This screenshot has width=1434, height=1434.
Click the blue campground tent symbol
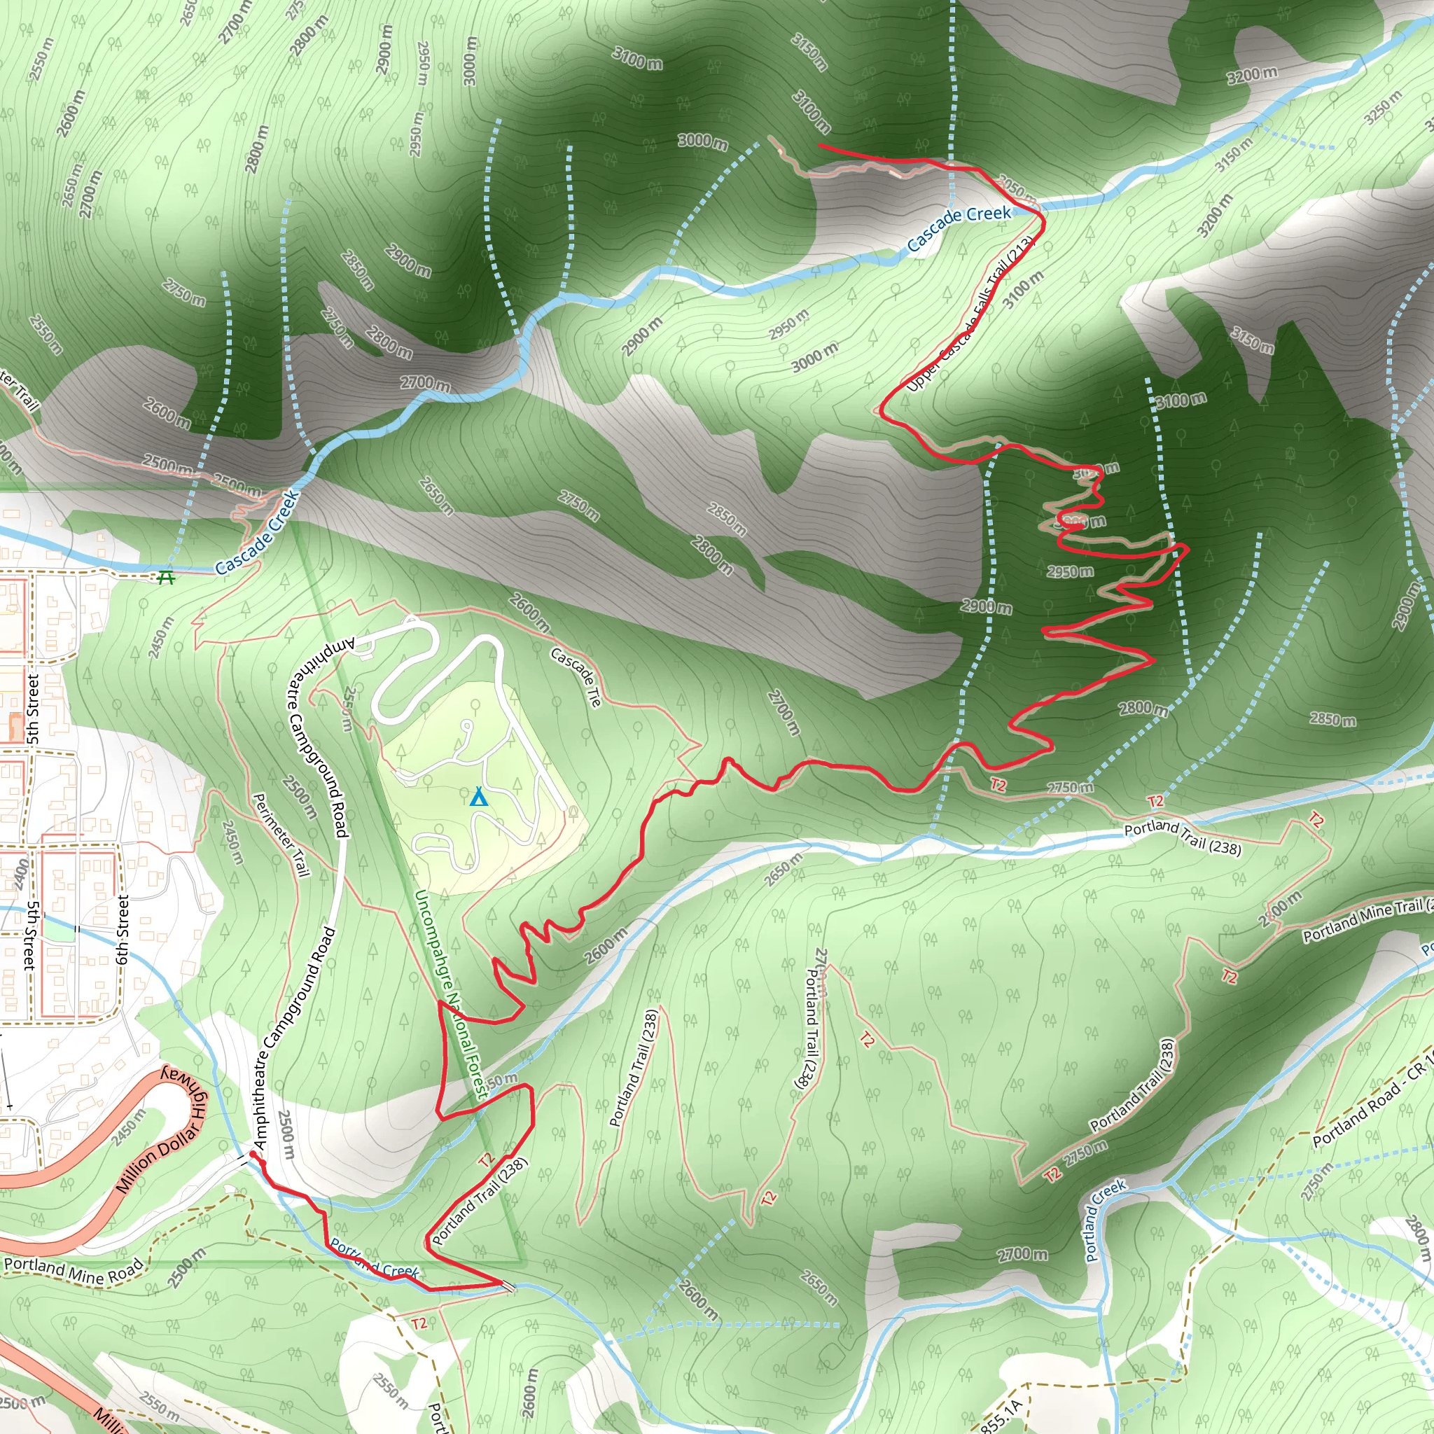(479, 798)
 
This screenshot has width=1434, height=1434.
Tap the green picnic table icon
(165, 577)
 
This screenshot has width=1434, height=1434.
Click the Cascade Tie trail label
(576, 676)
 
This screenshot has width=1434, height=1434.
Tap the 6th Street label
(123, 929)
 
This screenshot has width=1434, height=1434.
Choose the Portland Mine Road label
(73, 1270)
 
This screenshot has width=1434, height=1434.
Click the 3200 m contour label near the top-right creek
(1252, 74)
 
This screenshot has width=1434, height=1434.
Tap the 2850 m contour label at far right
(1332, 718)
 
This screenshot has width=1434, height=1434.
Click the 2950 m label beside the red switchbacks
(1070, 571)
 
